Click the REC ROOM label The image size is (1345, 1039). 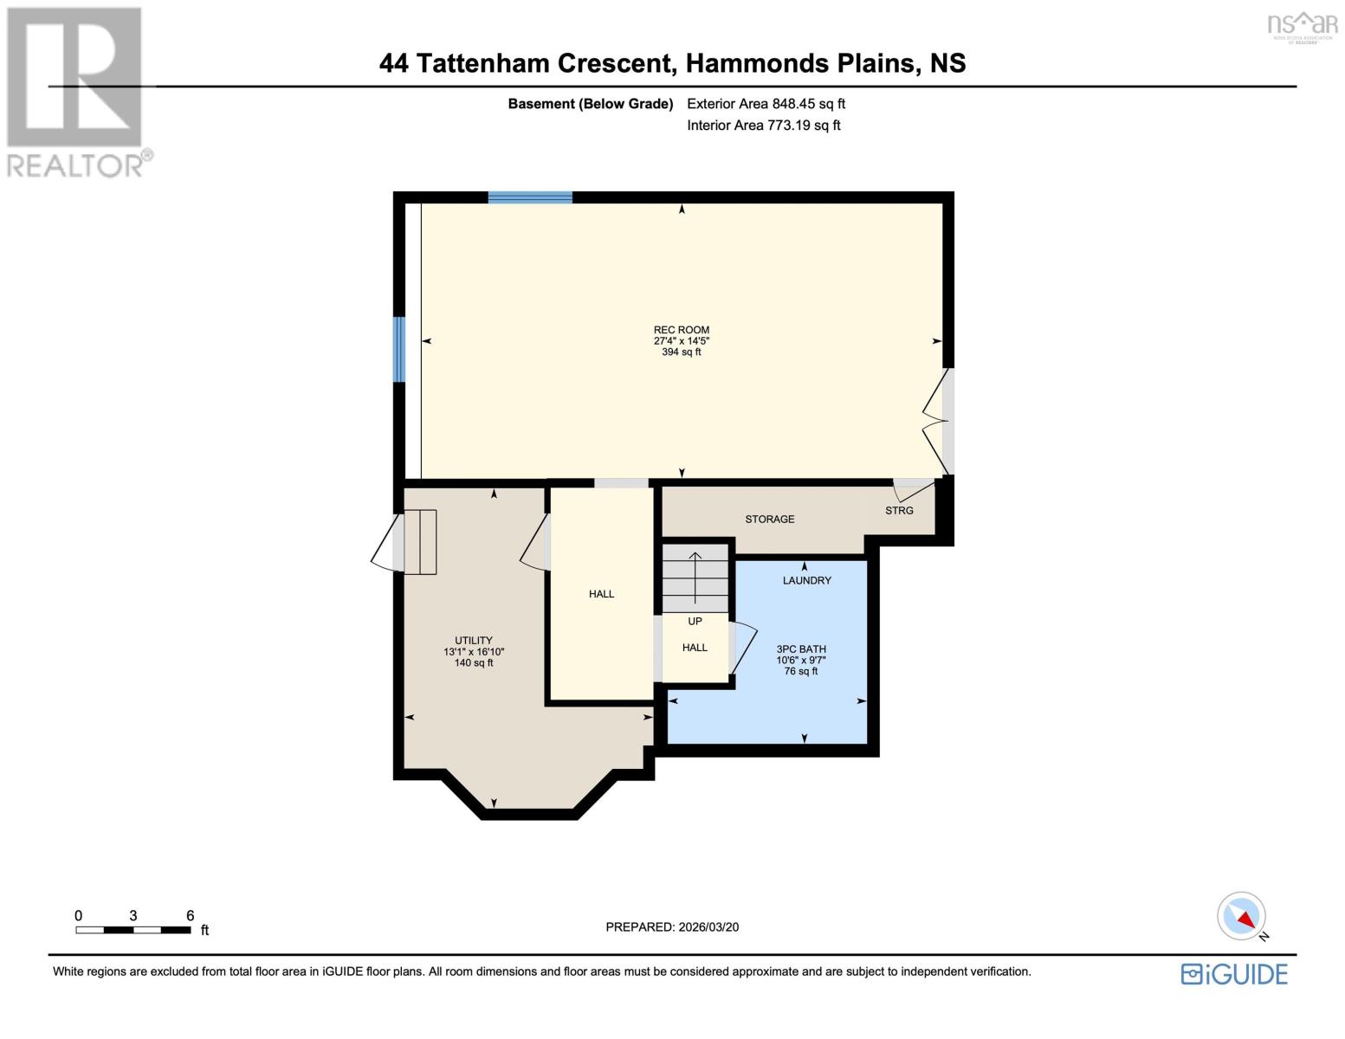point(681,330)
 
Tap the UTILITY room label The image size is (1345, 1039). point(474,641)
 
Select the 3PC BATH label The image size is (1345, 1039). point(801,649)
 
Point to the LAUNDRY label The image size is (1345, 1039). point(806,581)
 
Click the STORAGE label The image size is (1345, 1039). point(769,519)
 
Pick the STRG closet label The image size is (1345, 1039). point(899,511)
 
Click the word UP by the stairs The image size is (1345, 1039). point(695,622)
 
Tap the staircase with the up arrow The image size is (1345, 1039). point(695,578)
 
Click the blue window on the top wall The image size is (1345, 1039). point(530,197)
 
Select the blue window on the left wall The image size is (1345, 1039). point(399,349)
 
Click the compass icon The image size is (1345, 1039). point(1242,916)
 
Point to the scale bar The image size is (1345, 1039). point(133,930)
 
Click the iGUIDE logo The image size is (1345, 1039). point(1234,974)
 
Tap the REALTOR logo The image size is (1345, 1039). point(76,92)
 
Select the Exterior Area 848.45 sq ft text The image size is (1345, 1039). point(766,104)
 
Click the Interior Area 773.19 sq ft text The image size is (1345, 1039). point(763,126)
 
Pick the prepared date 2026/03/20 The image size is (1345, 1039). point(672,927)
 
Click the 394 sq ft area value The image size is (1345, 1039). point(681,352)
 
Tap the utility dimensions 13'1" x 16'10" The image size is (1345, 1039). point(474,652)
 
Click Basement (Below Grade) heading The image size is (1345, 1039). point(590,104)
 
